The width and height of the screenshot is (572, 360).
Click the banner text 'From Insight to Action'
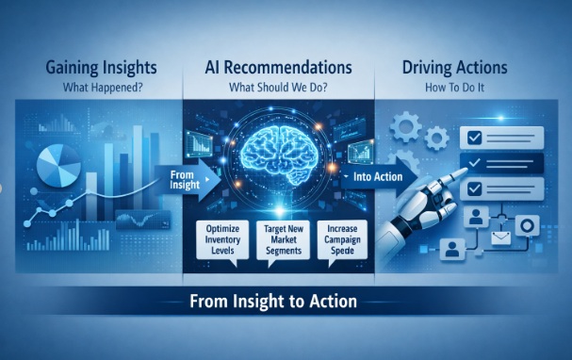(286, 303)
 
